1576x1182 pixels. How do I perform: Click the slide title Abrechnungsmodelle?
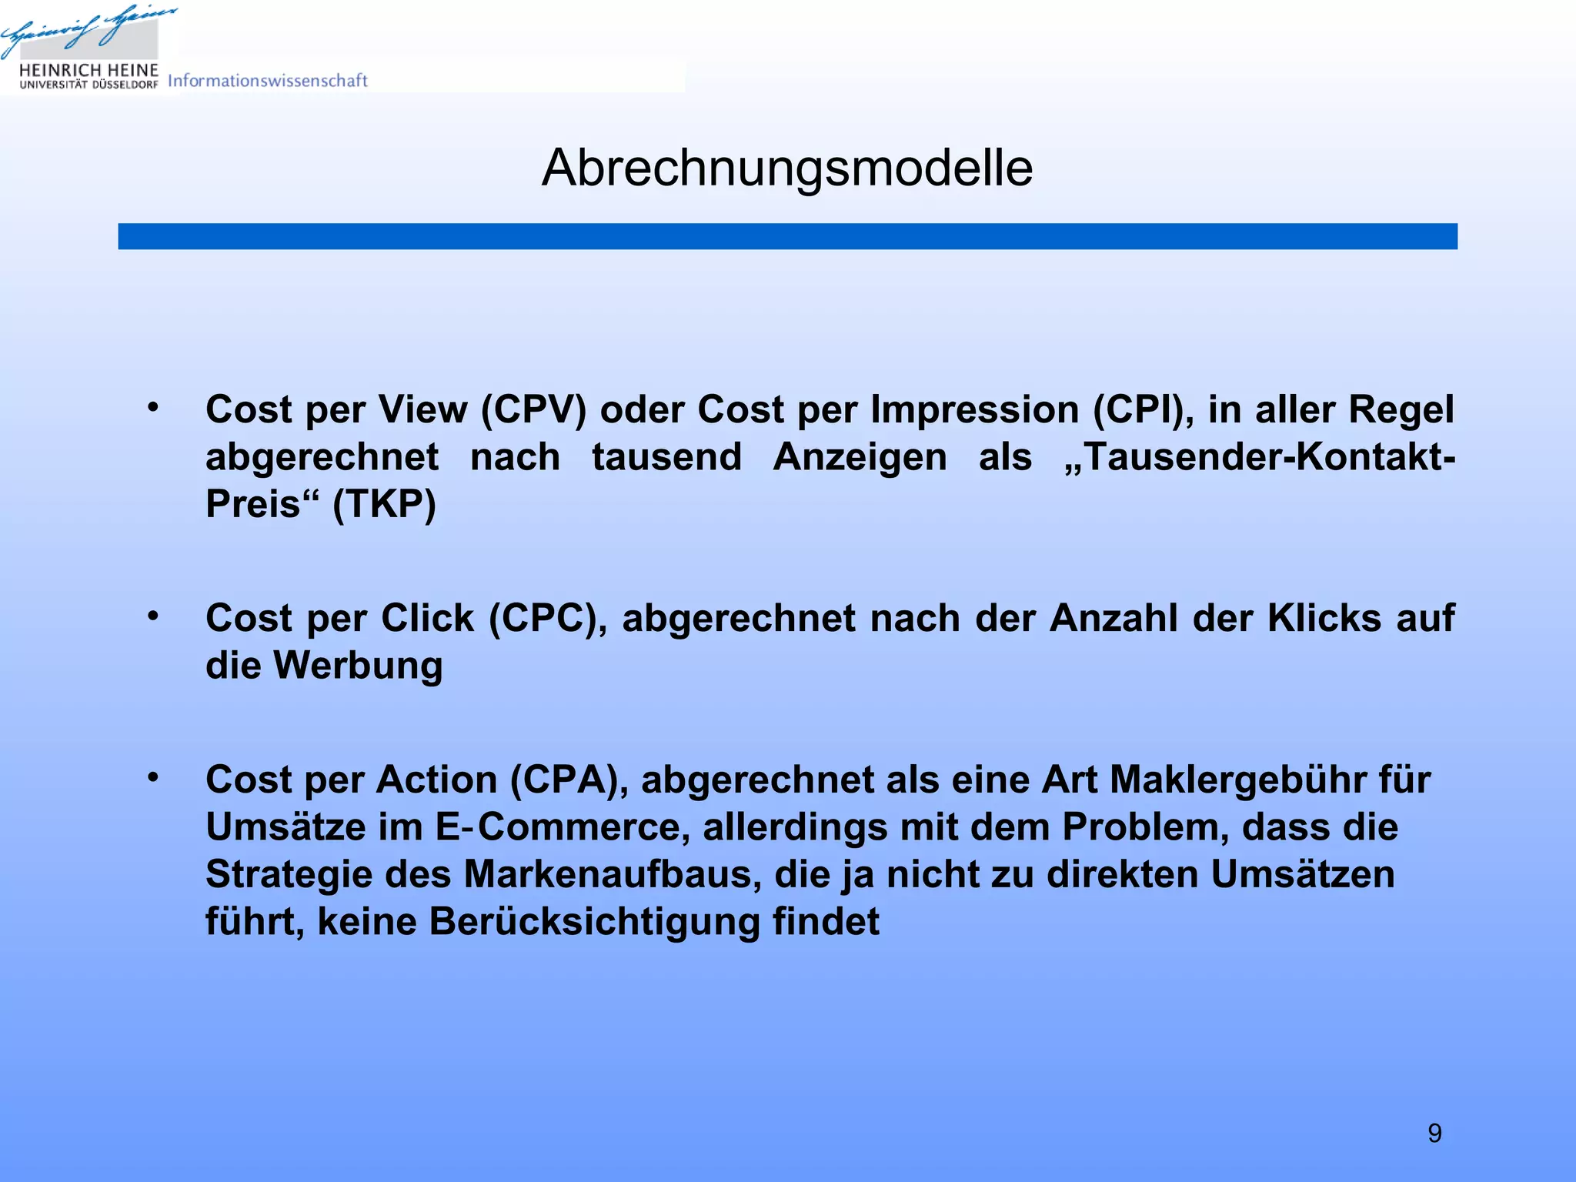(787, 168)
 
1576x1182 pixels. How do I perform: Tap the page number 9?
(1434, 1133)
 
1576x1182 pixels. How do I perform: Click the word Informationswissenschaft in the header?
(268, 81)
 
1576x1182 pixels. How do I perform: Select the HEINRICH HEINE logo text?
(88, 71)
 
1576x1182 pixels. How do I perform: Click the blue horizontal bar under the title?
(787, 236)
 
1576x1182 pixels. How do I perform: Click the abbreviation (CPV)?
(533, 409)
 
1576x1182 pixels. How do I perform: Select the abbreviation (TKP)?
(384, 505)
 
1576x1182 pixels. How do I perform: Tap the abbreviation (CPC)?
(549, 618)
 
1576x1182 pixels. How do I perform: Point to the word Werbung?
(358, 666)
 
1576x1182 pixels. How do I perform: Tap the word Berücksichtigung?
(595, 922)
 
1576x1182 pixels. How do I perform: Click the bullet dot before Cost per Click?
(153, 616)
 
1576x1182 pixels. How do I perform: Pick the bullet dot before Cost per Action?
(153, 777)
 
